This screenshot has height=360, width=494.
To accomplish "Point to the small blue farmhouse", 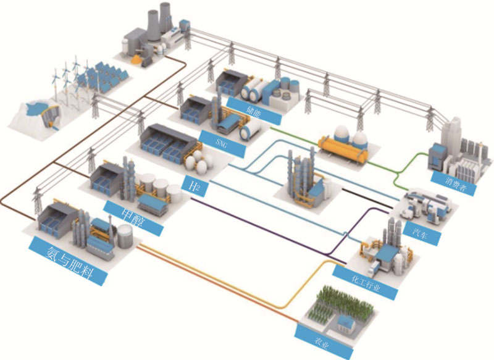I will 346,321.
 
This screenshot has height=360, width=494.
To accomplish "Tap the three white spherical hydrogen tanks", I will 197,164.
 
